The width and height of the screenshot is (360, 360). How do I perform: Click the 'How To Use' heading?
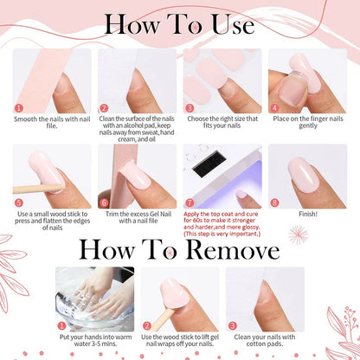pos(180,23)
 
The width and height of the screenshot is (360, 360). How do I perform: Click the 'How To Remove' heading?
pos(179,249)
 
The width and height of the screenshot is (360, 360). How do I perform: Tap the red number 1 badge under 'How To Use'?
pos(18,108)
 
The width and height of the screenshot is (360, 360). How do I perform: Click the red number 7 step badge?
pos(189,202)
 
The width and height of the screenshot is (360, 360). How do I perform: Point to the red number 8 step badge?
pos(274,202)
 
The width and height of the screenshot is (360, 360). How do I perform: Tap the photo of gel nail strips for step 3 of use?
pos(221,74)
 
